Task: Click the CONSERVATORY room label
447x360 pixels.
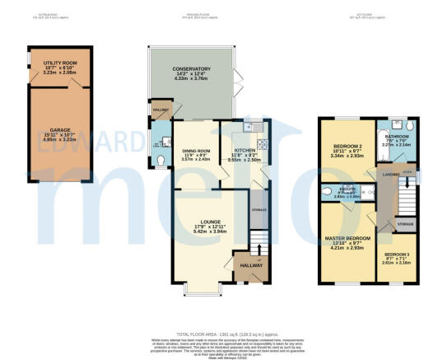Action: (x=191, y=69)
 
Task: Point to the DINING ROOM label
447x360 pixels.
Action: (x=190, y=151)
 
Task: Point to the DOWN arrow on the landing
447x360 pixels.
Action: (x=407, y=171)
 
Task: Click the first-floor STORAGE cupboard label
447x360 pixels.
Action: (x=404, y=223)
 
